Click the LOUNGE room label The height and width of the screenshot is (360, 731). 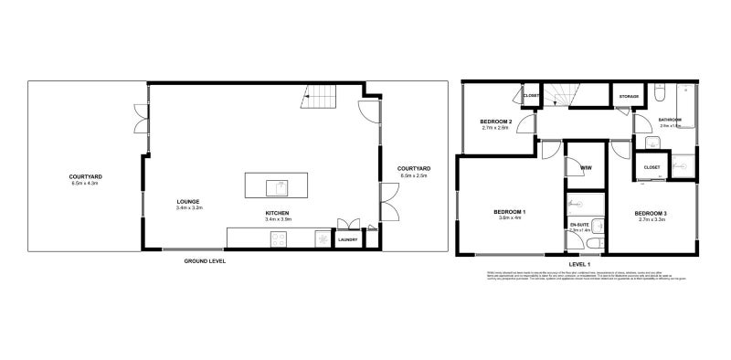tap(189, 202)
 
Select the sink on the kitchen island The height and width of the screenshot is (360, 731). tap(279, 187)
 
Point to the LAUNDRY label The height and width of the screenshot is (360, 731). tap(347, 241)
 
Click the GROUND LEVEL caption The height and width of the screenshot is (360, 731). tap(204, 261)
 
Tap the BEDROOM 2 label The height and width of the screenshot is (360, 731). tap(495, 122)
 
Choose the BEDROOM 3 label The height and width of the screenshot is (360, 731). tap(651, 213)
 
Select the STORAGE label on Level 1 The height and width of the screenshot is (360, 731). tap(629, 96)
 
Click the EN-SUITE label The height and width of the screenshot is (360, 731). tap(579, 224)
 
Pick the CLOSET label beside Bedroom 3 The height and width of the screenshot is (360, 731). tap(652, 167)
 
